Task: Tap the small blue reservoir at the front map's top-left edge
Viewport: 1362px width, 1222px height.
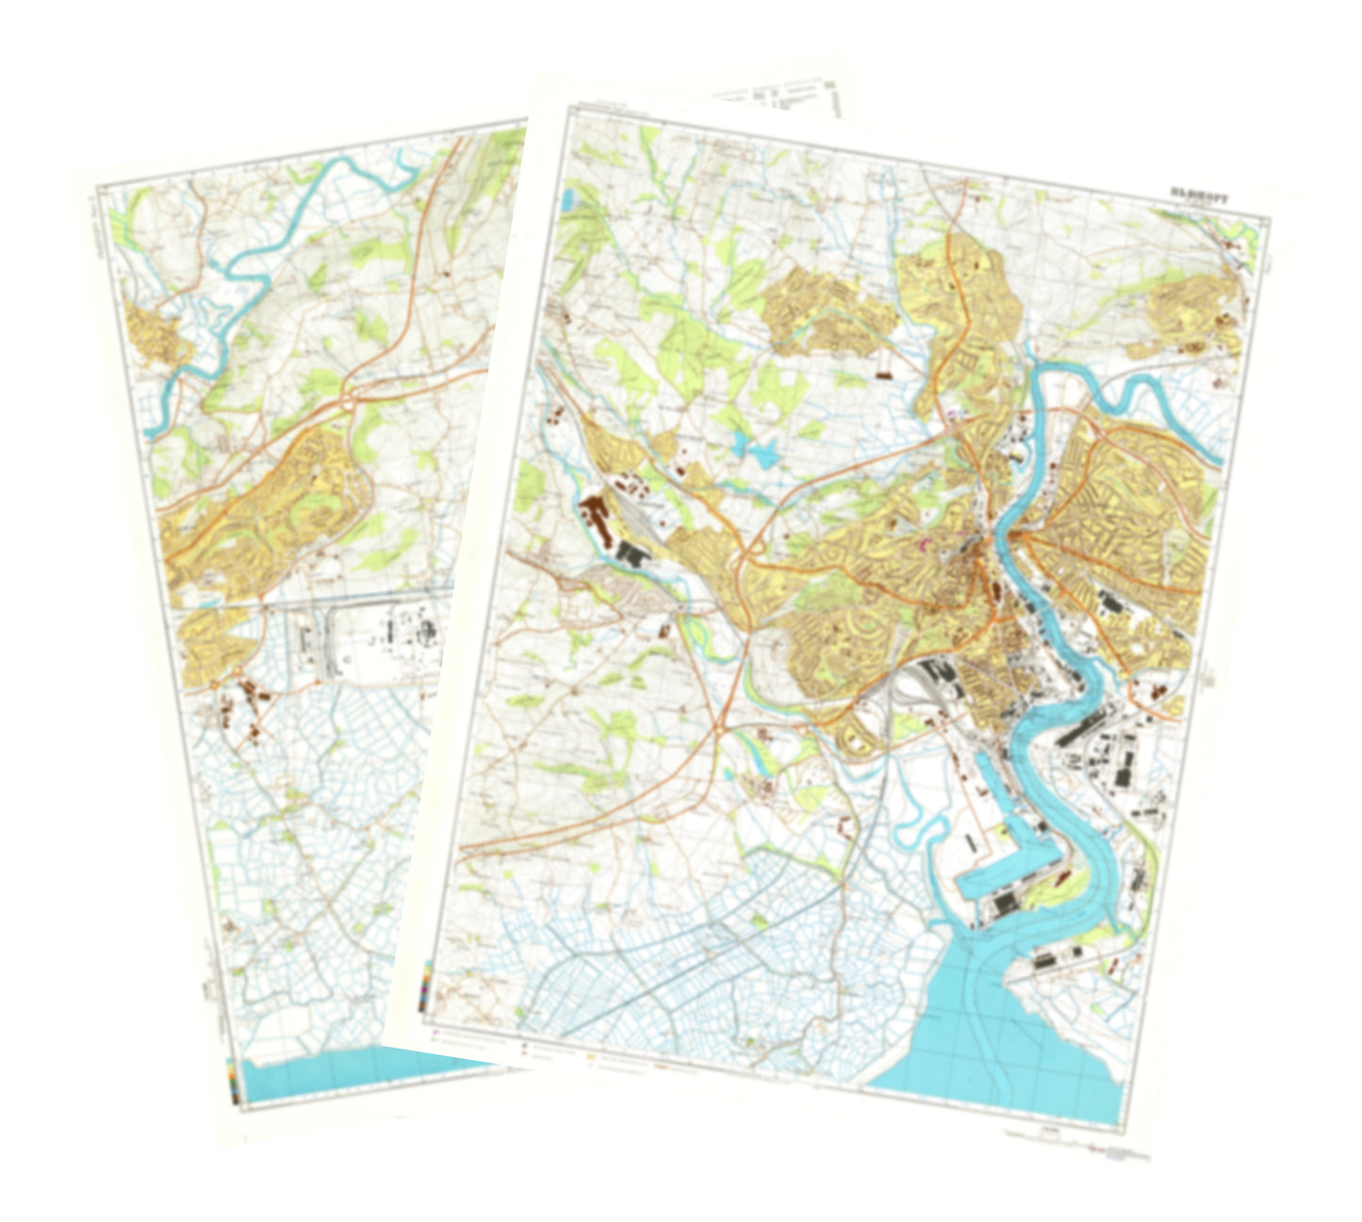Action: [567, 201]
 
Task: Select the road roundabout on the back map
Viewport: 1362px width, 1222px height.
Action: [350, 400]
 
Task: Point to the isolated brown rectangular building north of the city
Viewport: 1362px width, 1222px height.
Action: [884, 374]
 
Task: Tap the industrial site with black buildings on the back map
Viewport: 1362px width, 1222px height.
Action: [377, 641]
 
